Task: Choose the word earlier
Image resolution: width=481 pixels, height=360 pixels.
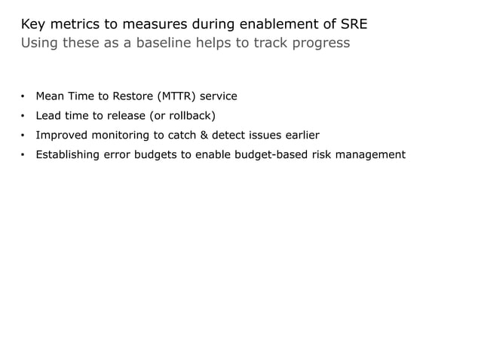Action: click(299, 136)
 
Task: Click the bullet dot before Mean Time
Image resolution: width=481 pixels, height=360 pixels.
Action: click(23, 96)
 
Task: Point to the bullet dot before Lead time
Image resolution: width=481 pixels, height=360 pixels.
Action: click(23, 116)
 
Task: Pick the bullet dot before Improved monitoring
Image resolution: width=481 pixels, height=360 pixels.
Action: click(23, 136)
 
